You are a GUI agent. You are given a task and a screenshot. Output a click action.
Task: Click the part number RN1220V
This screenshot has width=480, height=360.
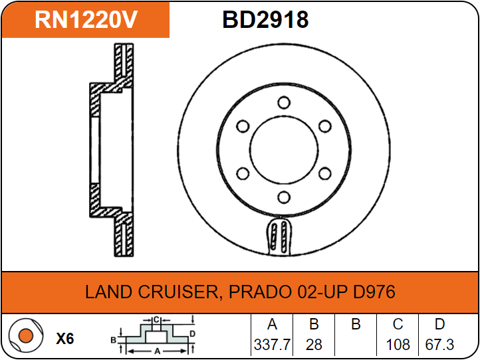click(86, 20)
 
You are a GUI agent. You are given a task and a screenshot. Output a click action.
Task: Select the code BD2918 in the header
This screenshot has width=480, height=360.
click(265, 20)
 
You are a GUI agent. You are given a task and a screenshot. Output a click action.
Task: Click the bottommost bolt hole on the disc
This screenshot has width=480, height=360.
click(284, 197)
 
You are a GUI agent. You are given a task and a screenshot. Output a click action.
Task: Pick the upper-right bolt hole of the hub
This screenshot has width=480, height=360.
click(325, 126)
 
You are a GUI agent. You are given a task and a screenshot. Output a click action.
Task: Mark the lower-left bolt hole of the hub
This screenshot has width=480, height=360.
click(243, 173)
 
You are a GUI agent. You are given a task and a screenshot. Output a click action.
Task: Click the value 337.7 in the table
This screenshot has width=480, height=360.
click(271, 345)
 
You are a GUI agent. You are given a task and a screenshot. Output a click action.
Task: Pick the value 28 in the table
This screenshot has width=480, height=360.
click(314, 345)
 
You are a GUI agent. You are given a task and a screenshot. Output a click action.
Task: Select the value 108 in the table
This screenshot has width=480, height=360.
click(398, 345)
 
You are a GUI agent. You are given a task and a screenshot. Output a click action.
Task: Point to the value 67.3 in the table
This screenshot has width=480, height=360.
click(439, 345)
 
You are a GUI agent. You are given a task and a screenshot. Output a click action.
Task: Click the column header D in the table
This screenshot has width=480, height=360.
click(439, 325)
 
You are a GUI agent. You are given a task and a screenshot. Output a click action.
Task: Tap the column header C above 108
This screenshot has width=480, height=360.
click(398, 325)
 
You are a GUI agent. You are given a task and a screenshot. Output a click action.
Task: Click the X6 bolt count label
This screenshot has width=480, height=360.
click(64, 339)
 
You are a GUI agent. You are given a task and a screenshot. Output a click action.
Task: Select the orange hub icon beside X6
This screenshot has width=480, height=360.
click(25, 337)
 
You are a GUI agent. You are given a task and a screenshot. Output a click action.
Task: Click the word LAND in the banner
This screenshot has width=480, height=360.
click(108, 292)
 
